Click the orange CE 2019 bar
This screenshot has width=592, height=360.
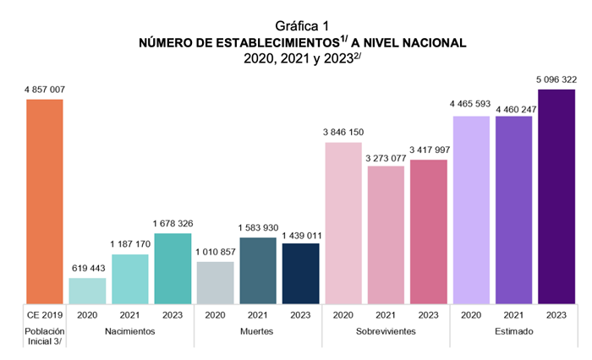pos(45,201)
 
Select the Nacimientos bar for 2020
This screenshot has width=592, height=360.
pos(87,290)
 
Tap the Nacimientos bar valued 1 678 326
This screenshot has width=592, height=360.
pos(173,268)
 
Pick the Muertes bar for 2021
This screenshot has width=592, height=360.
pos(258,270)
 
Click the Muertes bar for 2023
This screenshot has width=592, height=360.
pos(301,273)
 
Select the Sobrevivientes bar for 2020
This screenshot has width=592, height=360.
pos(343,222)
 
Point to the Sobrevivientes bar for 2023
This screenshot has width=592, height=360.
pos(429,231)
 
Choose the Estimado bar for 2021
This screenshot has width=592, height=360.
pos(514,210)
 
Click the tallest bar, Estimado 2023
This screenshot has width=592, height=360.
pos(556,196)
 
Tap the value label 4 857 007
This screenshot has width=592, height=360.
pos(45,89)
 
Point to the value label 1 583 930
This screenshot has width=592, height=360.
pos(258,227)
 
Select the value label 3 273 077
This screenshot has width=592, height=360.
pos(386,156)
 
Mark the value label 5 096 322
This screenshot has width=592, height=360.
pos(556,79)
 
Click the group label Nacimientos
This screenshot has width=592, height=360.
pos(130,331)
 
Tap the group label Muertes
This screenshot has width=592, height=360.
pos(258,331)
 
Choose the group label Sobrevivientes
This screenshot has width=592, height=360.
pos(386,331)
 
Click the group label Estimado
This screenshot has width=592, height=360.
pos(514,331)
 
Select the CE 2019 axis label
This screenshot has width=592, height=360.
pos(45,314)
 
